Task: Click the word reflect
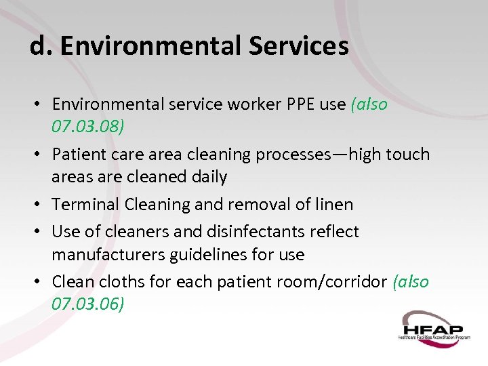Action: click(333, 231)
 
